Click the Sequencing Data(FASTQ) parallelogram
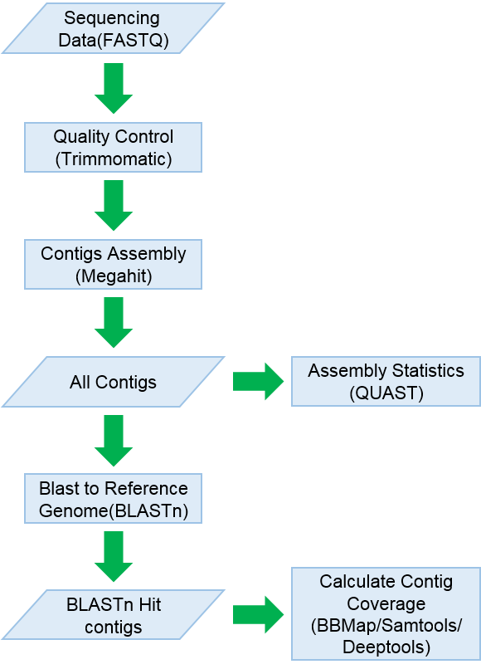click(114, 28)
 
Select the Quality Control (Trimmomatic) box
click(113, 148)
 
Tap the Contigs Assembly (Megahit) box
click(113, 265)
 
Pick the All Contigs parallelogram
click(114, 382)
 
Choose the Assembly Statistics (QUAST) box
click(386, 382)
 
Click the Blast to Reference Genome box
click(113, 498)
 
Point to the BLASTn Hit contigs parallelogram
click(114, 615)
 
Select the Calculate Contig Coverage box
click(386, 614)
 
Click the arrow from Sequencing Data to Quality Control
click(114, 88)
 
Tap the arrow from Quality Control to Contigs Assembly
click(114, 205)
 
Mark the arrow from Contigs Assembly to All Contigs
click(114, 323)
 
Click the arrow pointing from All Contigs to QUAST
click(259, 382)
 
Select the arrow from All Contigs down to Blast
click(114, 440)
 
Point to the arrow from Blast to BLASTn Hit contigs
click(114, 556)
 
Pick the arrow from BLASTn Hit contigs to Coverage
click(259, 615)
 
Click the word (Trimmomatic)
click(114, 159)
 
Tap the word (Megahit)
click(114, 276)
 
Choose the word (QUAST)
click(386, 393)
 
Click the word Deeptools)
click(386, 647)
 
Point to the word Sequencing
click(112, 18)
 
